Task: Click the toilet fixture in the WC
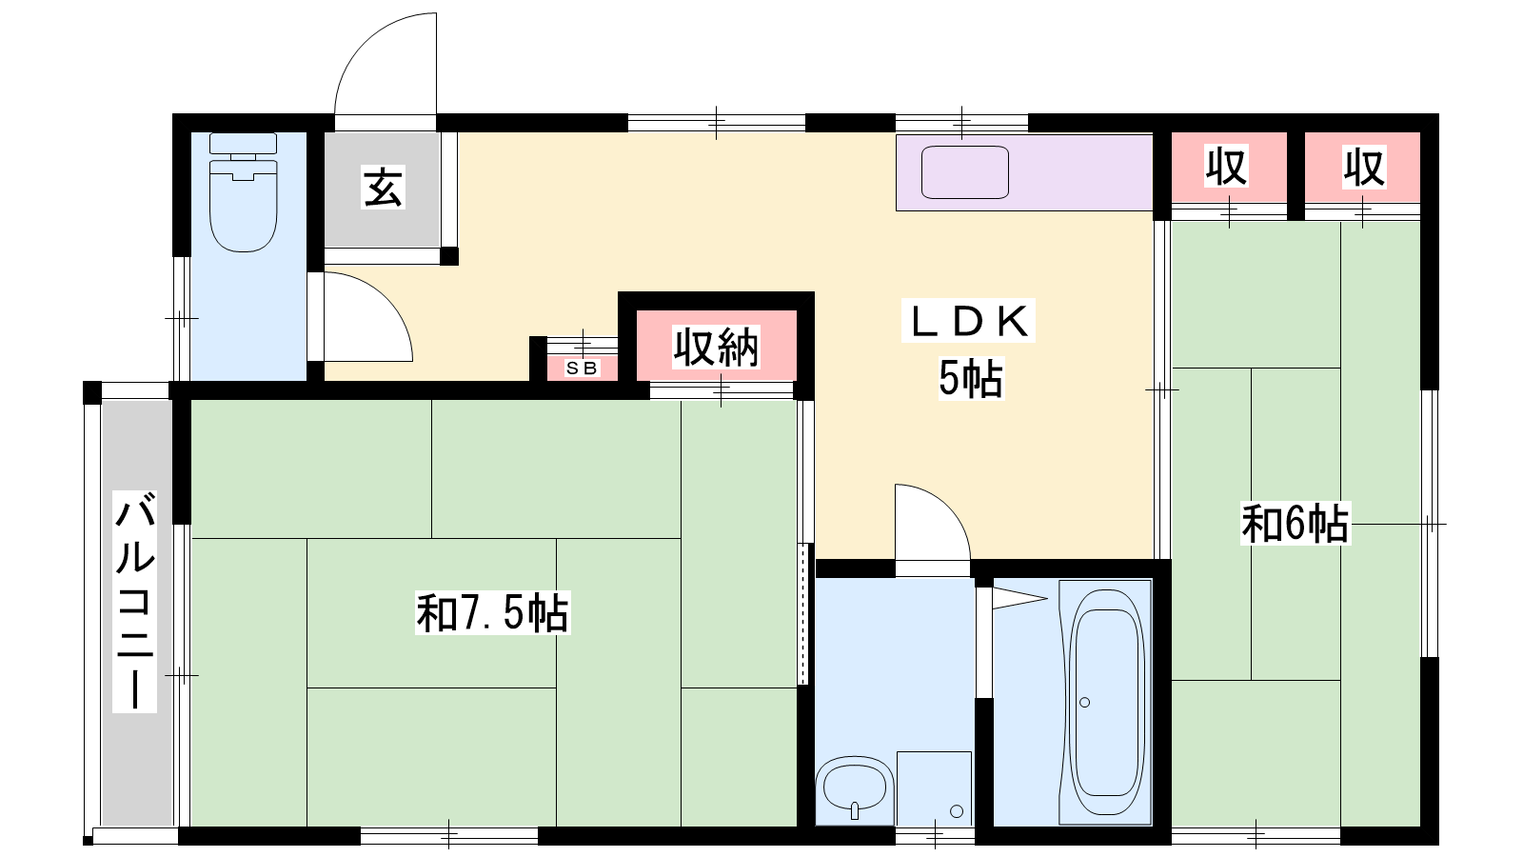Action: (244, 192)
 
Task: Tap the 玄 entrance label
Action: (384, 187)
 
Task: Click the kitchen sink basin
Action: (964, 172)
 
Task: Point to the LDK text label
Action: (968, 320)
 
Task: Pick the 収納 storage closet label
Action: (716, 348)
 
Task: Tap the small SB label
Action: (582, 368)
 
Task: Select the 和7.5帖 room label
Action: (492, 613)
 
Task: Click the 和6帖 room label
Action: (1296, 523)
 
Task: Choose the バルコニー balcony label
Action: (134, 601)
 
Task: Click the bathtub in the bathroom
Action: (1105, 701)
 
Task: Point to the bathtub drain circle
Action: (1084, 702)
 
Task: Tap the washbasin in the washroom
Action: (855, 790)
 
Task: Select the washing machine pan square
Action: (934, 788)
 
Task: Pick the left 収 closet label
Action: (1227, 167)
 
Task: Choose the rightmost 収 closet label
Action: (1364, 167)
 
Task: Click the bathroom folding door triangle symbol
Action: (1019, 599)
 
